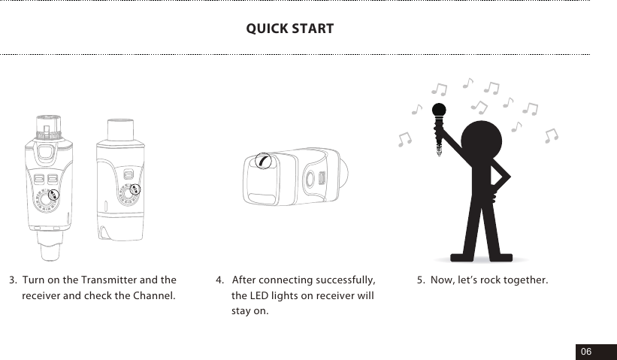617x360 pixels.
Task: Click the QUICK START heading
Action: [x=290, y=29]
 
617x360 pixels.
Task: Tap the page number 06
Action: [x=585, y=352]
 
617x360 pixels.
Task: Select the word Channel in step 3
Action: [x=153, y=295]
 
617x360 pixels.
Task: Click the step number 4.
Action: [x=219, y=280]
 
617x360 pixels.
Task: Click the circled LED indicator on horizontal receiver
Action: [x=262, y=160]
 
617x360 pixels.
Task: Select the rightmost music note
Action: [x=552, y=135]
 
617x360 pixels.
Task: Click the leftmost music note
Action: [x=405, y=139]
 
